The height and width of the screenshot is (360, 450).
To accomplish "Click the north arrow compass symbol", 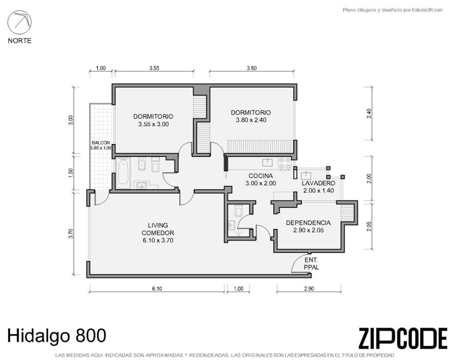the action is (19, 22).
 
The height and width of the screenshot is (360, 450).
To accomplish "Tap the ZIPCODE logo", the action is (403, 339).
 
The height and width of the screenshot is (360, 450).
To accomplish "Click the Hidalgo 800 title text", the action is (56, 336).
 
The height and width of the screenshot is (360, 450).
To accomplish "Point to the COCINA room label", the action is (260, 176).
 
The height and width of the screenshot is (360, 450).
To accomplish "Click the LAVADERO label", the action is (318, 183).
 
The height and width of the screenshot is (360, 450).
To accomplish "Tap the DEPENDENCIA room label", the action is (308, 223).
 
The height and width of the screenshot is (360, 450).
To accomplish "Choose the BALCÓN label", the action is (101, 143).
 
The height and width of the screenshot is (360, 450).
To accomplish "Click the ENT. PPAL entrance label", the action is (311, 264).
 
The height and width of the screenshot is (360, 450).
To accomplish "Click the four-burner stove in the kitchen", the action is (285, 163).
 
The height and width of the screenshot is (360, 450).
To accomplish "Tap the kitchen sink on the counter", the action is (268, 162).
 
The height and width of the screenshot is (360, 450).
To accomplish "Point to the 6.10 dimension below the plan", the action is (157, 289).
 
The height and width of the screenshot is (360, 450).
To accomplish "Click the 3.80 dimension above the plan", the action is (251, 68).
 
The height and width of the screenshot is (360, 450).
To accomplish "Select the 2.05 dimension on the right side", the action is (369, 226).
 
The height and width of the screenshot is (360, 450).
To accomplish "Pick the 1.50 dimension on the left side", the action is (71, 173).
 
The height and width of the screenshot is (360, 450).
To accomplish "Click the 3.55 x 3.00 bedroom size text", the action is (153, 124).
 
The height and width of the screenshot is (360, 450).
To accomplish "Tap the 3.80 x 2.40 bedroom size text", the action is (251, 120).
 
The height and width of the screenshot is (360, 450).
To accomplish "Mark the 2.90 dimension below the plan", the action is (309, 289).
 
